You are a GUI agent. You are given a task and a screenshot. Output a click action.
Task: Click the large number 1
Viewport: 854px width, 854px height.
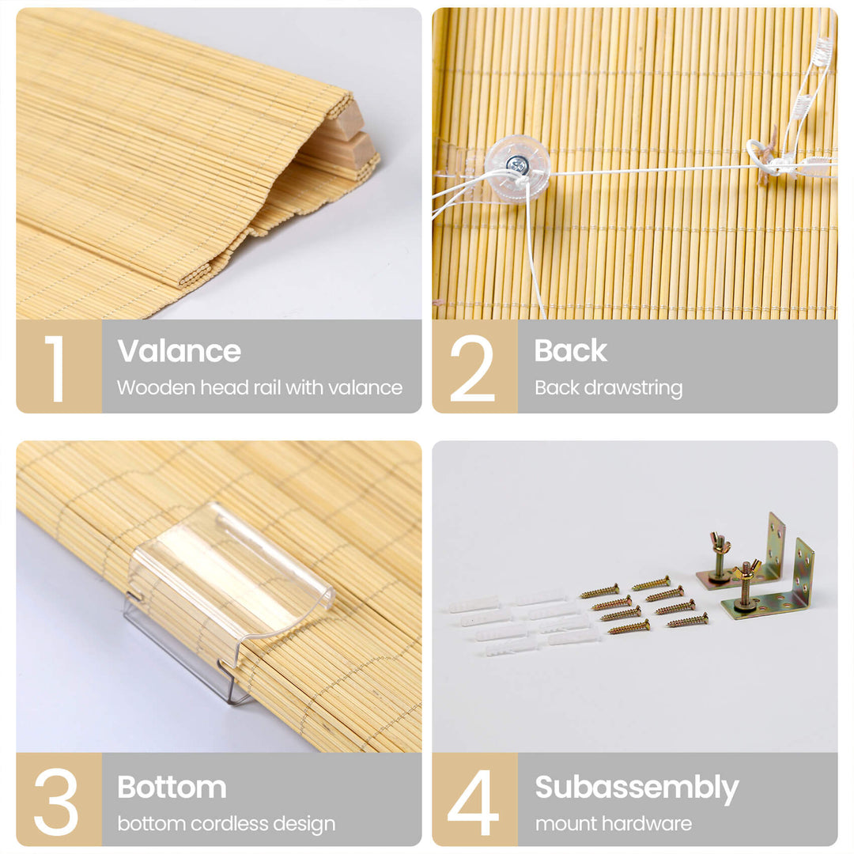click(55, 368)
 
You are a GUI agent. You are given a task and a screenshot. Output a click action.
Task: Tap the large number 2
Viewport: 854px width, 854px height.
click(472, 368)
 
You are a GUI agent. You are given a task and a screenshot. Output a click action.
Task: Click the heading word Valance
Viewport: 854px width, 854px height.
click(179, 350)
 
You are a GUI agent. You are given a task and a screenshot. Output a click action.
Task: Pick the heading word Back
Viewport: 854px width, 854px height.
click(570, 350)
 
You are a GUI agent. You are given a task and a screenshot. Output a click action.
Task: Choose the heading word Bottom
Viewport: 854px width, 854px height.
click(172, 787)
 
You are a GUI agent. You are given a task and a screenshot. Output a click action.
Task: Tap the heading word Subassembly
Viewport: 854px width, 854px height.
click(637, 788)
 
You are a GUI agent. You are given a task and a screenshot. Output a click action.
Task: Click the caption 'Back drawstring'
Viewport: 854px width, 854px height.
click(608, 387)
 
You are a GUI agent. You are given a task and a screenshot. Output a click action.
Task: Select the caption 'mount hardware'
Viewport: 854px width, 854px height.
click(614, 823)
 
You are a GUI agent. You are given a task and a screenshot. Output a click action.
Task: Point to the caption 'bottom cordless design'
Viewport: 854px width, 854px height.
click(226, 824)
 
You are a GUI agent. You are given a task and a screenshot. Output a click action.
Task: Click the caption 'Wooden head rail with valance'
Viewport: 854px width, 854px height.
click(259, 387)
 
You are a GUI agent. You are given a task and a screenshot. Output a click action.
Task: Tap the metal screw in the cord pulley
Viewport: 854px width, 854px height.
click(516, 163)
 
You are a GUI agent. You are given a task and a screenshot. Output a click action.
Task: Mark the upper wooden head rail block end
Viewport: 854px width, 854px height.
click(346, 121)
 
